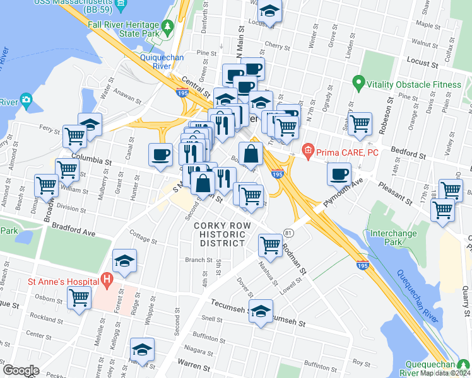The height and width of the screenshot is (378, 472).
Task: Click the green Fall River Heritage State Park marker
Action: coord(167,26)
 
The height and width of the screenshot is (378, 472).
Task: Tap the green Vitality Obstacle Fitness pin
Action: coord(358,83)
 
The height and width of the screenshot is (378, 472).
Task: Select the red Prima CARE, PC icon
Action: coord(307,151)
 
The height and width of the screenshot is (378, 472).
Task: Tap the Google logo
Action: coord(21,370)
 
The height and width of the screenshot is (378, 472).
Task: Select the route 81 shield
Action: coord(287,233)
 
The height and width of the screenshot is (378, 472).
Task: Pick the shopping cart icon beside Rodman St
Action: coord(271,244)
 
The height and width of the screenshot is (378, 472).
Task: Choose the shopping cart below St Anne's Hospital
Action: coord(80,297)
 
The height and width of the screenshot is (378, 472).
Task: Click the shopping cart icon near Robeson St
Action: coord(360,123)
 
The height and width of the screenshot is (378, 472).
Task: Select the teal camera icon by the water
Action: coord(26,100)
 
